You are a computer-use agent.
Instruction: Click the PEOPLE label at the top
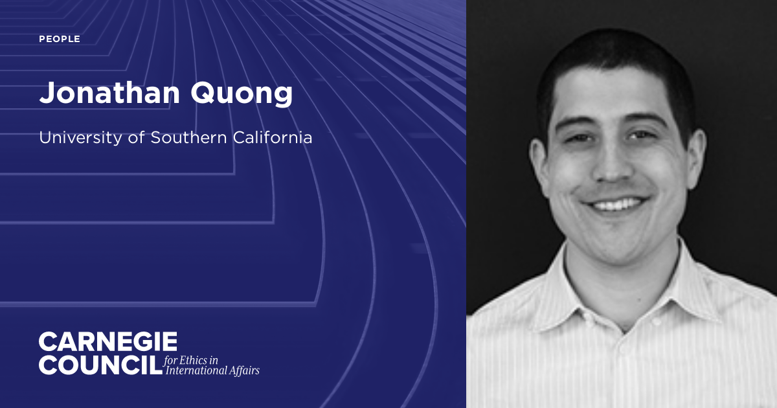60,40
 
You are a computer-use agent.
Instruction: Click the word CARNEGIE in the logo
107,341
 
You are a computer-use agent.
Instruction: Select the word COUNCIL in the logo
100,365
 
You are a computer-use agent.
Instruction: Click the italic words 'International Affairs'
212,370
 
